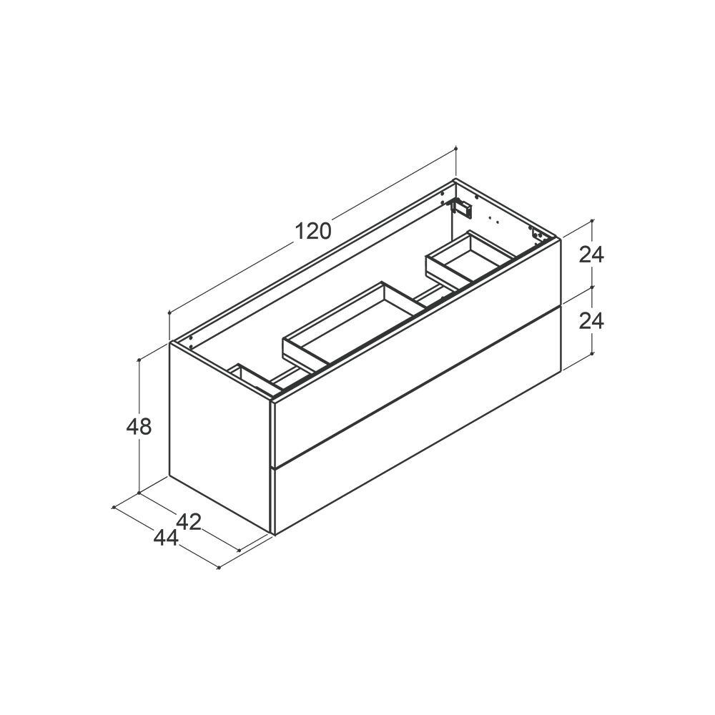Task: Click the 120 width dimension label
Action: point(313,231)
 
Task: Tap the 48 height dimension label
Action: point(139,427)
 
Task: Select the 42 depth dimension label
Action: point(189,522)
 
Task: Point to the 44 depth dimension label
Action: point(166,538)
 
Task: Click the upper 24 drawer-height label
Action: point(591,255)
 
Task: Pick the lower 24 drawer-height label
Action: point(591,321)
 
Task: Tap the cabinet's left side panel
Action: point(221,438)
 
